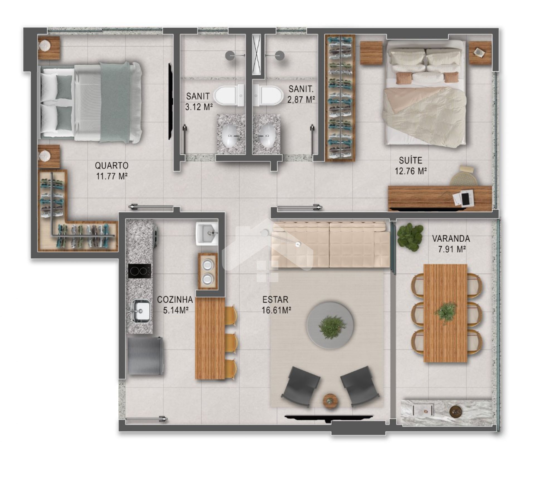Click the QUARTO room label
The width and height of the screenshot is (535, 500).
coord(111,165)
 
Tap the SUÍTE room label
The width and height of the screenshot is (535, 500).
coord(410,160)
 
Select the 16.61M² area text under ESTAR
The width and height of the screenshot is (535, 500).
coord(276,310)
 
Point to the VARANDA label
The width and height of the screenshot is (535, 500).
coord(451,239)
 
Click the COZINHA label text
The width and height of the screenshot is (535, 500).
coord(175,300)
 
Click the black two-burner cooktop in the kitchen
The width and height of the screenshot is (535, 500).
coord(140,271)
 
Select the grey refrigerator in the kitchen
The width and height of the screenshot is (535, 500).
coord(145,356)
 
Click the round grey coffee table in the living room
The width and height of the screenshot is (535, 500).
coord(331,325)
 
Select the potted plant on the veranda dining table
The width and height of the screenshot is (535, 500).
coord(446,312)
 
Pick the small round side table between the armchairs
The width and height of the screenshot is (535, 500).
coord(330,401)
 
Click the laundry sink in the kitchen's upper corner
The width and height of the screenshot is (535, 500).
coord(206,234)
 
